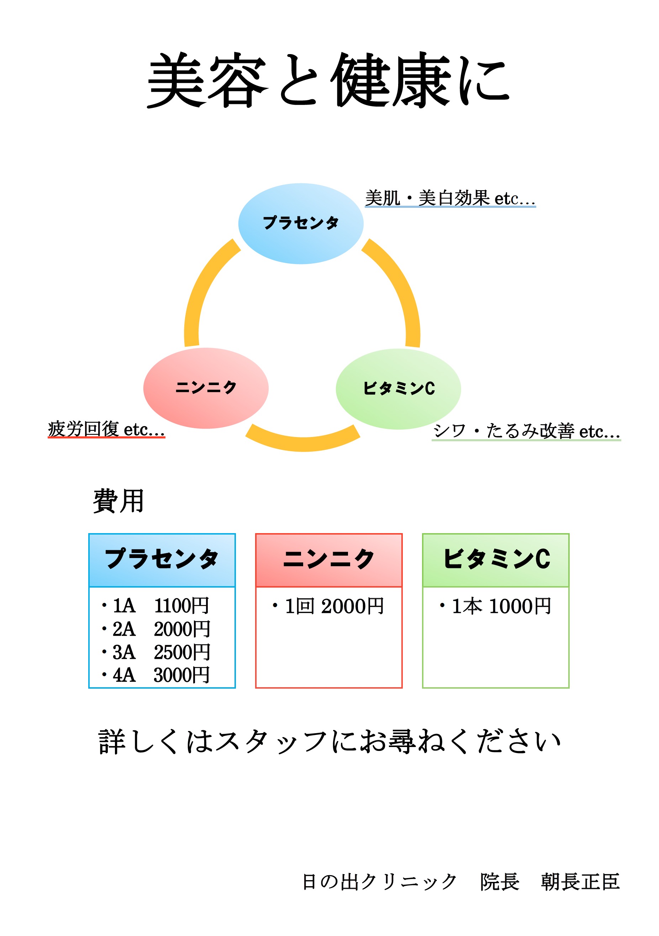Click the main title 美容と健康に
click(x=328, y=80)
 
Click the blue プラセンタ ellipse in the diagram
click(x=301, y=224)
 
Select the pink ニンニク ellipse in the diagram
click(x=206, y=388)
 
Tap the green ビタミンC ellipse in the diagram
click(x=398, y=389)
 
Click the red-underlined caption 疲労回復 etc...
click(x=106, y=429)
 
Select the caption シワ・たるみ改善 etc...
click(x=526, y=431)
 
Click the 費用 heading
click(x=118, y=501)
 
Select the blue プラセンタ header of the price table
click(x=162, y=560)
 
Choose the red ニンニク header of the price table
click(x=329, y=560)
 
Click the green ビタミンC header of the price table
click(x=496, y=560)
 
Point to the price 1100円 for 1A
click(x=182, y=606)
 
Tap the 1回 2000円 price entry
click(x=328, y=606)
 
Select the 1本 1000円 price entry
click(x=496, y=606)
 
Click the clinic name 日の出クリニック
click(x=379, y=882)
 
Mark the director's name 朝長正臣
click(x=580, y=882)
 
